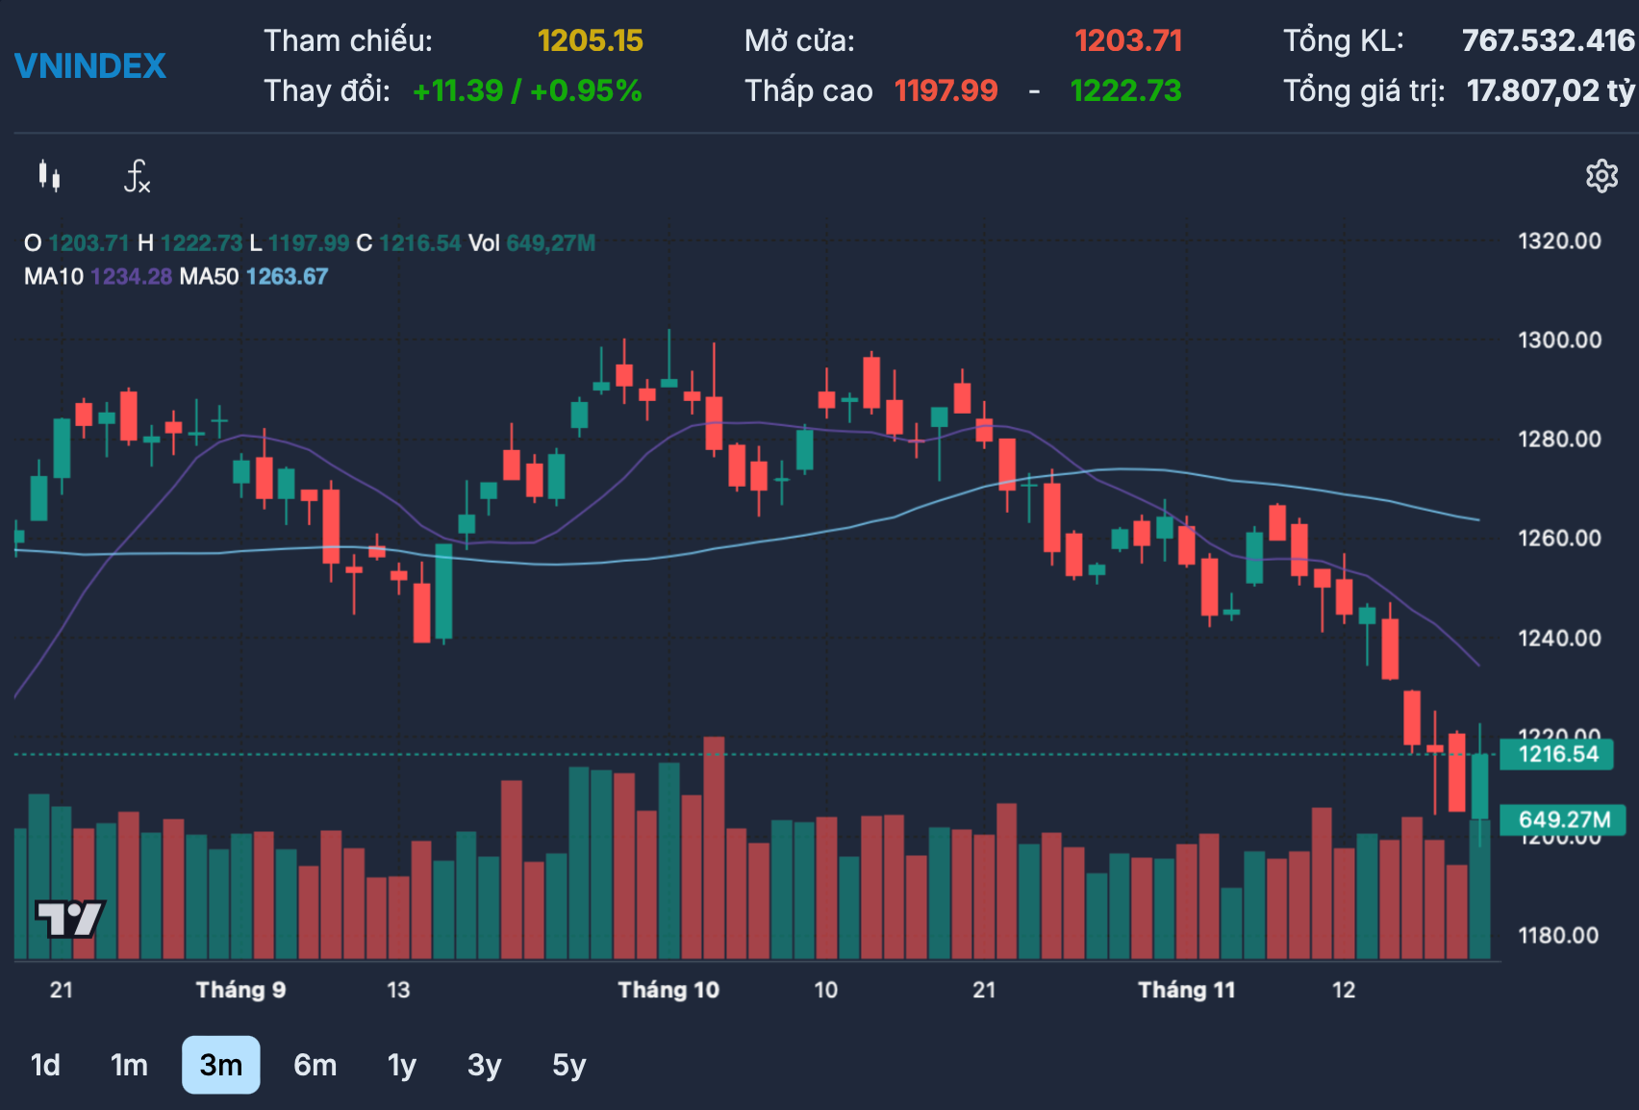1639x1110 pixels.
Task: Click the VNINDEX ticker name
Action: click(x=90, y=66)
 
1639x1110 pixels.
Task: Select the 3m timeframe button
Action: click(x=220, y=1065)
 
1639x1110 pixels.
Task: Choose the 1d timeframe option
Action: click(x=45, y=1065)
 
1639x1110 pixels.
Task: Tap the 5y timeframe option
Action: click(x=568, y=1065)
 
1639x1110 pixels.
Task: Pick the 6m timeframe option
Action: click(x=315, y=1065)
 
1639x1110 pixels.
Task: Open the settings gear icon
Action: click(x=1601, y=176)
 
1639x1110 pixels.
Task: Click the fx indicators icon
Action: click(x=137, y=176)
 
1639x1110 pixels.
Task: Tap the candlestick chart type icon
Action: click(x=50, y=176)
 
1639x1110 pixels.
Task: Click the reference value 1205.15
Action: click(x=590, y=40)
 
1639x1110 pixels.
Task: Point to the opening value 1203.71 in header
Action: click(x=1127, y=40)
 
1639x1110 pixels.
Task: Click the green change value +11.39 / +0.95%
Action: click(x=526, y=91)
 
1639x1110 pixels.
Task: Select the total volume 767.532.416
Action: click(x=1547, y=40)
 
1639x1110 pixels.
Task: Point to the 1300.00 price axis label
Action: click(x=1559, y=340)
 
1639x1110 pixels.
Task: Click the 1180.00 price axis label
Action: click(x=1557, y=935)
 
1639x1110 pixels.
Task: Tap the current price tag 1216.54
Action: click(x=1557, y=754)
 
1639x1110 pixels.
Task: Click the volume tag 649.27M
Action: click(x=1563, y=820)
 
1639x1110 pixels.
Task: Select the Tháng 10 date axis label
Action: click(x=668, y=990)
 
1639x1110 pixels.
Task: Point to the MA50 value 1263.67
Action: click(x=287, y=277)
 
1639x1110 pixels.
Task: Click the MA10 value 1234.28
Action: click(x=131, y=277)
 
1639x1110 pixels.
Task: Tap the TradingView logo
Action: click(x=69, y=919)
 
